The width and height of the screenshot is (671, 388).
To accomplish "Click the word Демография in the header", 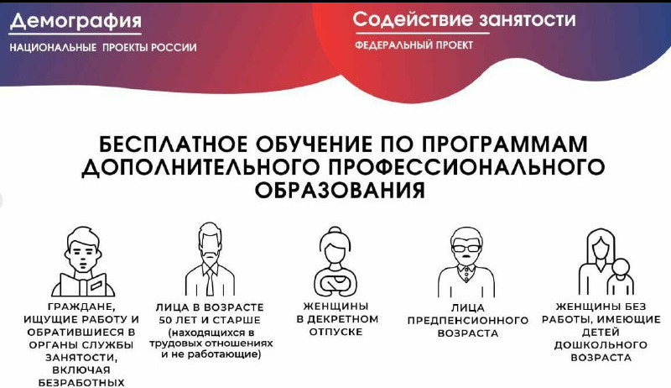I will [x=75, y=21].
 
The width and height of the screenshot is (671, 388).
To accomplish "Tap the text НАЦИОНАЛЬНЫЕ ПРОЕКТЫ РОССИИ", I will [x=103, y=47].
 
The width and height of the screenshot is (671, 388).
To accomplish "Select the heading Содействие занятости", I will [x=464, y=18].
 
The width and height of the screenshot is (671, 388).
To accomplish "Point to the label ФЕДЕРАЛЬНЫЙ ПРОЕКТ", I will [x=414, y=45].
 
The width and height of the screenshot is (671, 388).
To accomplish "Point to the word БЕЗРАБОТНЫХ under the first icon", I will [x=82, y=382].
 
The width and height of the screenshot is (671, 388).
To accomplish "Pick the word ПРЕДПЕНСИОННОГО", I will [x=468, y=320].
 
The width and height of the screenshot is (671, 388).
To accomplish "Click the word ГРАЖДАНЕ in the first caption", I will [x=82, y=307].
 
